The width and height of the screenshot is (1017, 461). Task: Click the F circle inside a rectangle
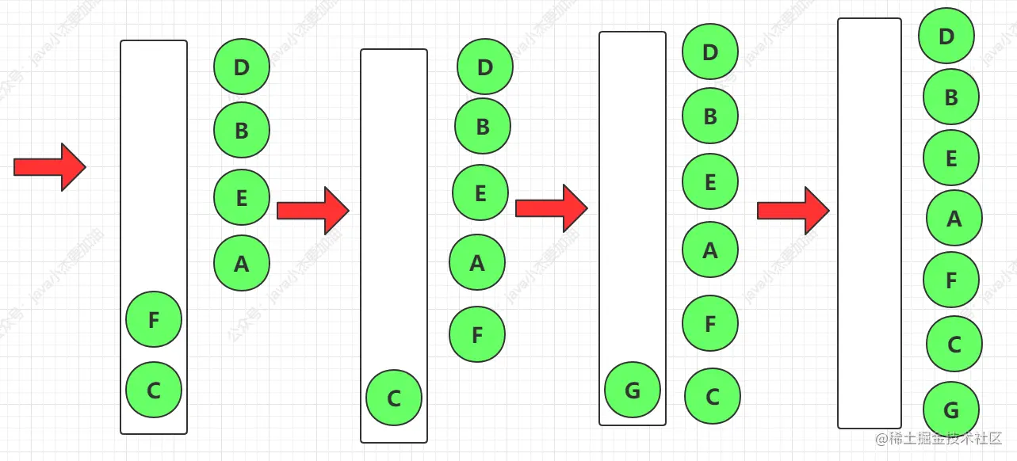[x=154, y=319]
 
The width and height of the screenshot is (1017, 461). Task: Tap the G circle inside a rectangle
[x=633, y=390]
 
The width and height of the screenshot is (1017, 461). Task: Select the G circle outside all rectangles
[x=951, y=410]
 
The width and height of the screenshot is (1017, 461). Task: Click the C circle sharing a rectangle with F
[x=154, y=390]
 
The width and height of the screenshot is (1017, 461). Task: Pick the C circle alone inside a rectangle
[x=394, y=398]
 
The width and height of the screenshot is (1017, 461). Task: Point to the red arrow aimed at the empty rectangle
[x=793, y=211]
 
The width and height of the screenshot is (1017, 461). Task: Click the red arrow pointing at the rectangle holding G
[x=551, y=208]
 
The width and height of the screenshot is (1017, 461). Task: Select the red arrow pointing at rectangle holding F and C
[x=49, y=167]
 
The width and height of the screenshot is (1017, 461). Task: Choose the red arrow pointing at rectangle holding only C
[x=312, y=211]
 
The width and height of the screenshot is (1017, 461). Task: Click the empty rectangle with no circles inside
[x=870, y=223]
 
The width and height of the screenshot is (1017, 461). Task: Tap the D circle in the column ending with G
[x=946, y=36]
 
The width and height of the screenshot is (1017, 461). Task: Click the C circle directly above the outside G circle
[x=954, y=344]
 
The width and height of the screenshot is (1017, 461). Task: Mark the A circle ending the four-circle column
[x=242, y=263]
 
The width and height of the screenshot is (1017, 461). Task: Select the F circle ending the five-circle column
[x=477, y=334]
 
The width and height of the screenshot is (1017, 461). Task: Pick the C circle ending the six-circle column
[x=713, y=396]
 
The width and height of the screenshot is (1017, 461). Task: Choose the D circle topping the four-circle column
[x=242, y=67]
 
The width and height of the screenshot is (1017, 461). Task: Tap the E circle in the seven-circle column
[x=951, y=158]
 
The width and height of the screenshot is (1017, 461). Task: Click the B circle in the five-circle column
[x=483, y=126]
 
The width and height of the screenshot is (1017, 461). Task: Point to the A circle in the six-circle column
[x=710, y=250]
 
